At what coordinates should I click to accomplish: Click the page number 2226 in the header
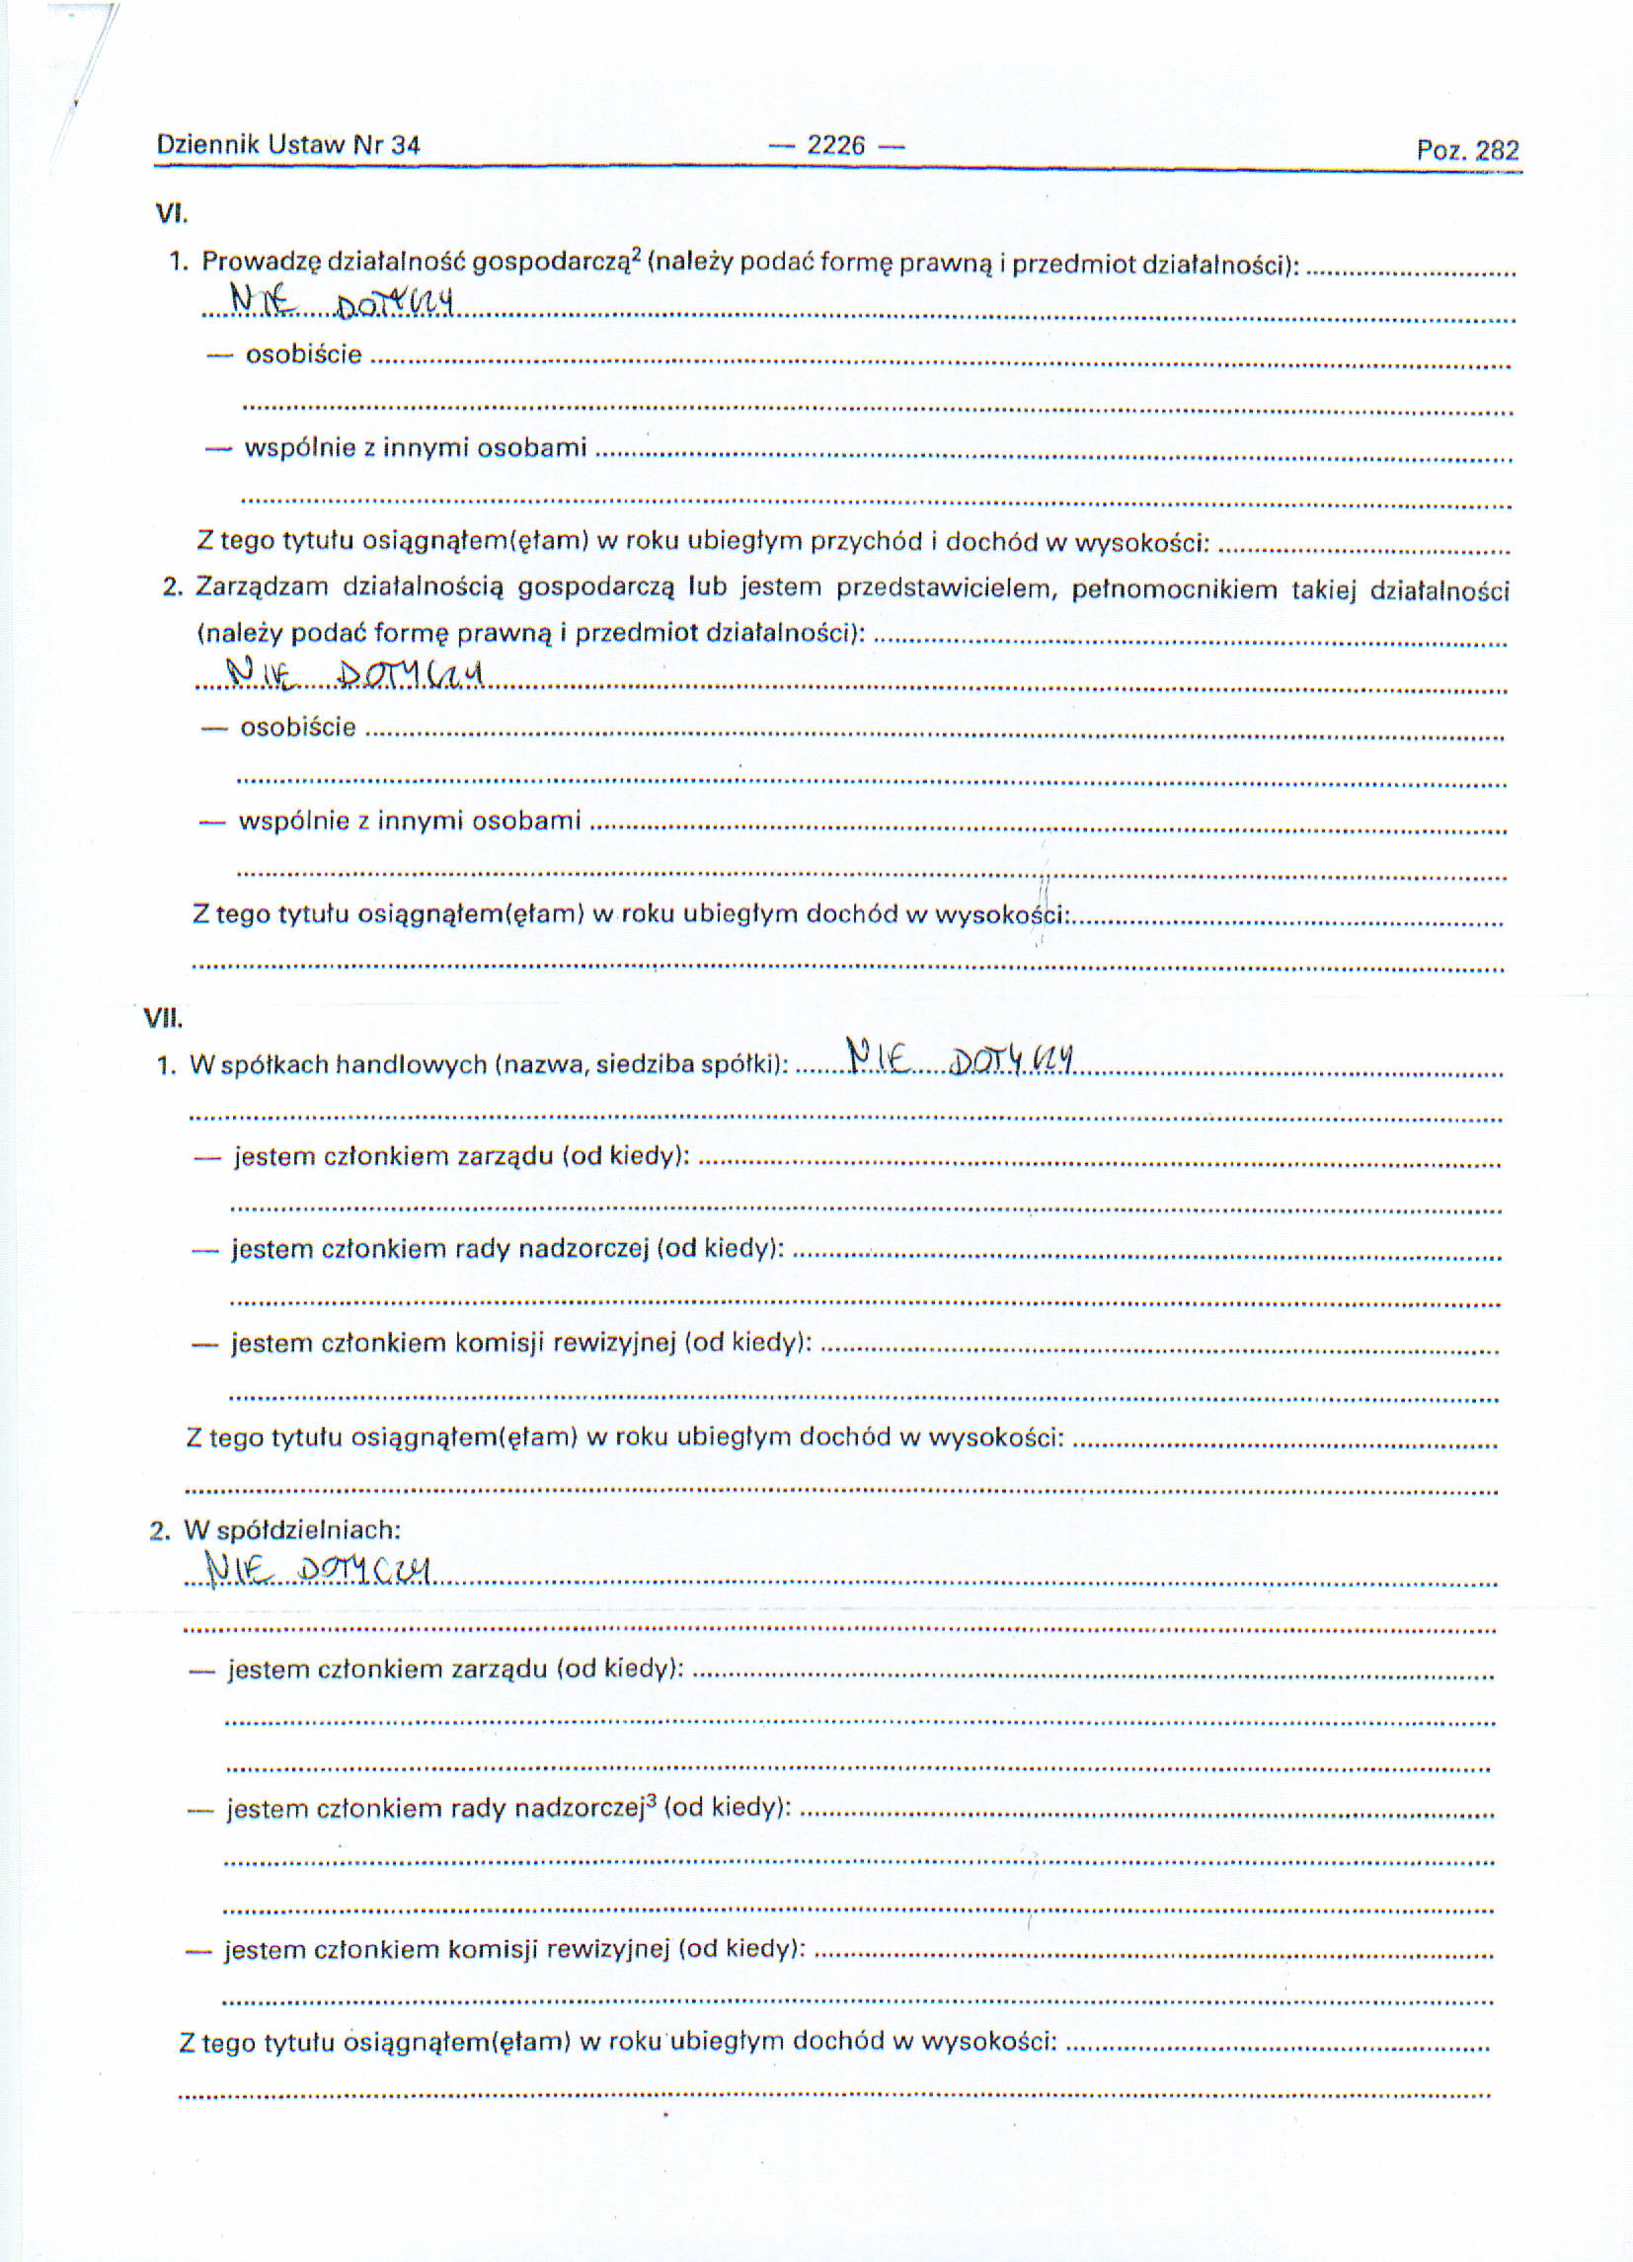pos(836,145)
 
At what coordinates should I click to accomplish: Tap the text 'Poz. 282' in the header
pos(1467,151)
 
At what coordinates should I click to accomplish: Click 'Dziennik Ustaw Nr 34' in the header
pos(288,144)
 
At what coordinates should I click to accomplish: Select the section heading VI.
pos(172,212)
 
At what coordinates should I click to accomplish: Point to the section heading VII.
pos(164,1018)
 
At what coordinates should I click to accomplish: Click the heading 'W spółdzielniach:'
pos(291,1530)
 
